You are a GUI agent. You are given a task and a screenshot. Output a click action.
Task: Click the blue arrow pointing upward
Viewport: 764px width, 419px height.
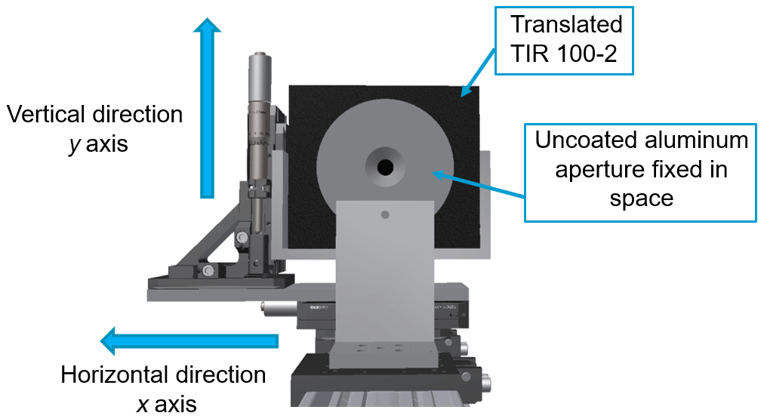[207, 106]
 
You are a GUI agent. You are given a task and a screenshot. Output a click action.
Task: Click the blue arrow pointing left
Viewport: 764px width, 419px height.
[189, 341]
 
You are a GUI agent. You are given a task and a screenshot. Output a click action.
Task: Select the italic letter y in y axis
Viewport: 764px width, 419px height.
[74, 143]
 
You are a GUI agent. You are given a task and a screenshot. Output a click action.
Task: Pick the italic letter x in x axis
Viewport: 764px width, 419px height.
[142, 404]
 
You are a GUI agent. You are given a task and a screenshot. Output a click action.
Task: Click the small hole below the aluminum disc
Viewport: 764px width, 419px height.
[385, 215]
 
